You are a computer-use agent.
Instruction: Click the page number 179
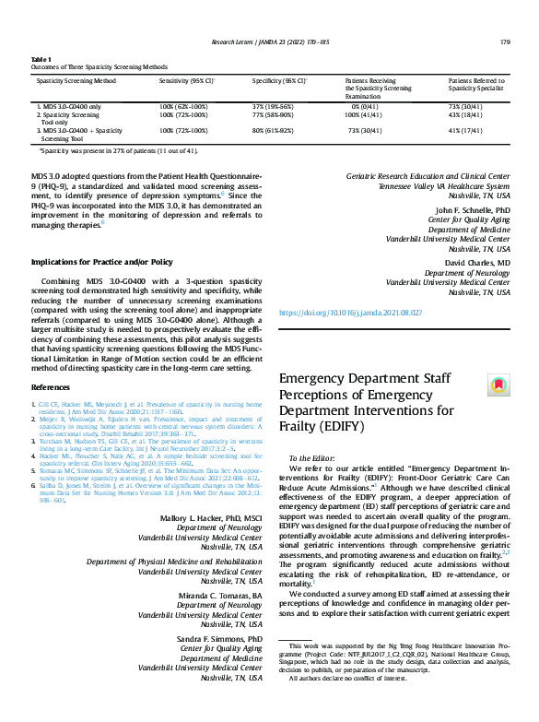505,41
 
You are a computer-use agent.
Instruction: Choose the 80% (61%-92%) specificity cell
273,131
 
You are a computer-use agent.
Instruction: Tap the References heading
51,386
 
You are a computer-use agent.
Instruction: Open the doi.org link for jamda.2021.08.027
349,314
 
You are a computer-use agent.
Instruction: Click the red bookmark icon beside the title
498,384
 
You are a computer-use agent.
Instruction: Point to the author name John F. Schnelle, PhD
471,210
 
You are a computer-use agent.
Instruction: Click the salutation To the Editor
312,458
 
